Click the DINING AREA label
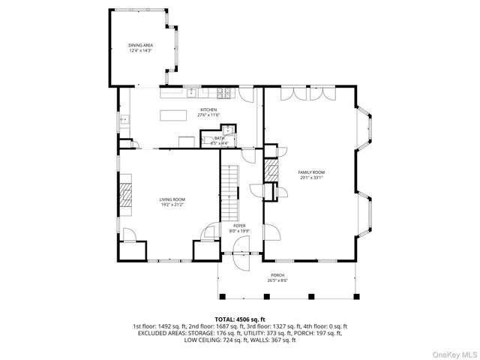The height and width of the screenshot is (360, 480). coord(141,46)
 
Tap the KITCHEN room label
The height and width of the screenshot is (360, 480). coord(208,110)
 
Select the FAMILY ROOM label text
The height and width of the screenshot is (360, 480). coord(311,172)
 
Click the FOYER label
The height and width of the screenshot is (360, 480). coord(238,226)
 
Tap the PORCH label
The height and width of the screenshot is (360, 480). coord(278,275)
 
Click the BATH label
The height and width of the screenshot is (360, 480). coord(219,138)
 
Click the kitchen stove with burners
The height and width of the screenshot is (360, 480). coord(223,93)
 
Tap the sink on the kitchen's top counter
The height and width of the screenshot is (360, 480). coord(191,92)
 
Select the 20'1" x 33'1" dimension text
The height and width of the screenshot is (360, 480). coord(311,178)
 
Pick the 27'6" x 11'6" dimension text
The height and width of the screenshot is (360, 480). coord(208,115)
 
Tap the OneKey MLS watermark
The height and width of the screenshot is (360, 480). coord(452,352)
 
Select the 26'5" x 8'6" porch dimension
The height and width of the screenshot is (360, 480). coord(278,280)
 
